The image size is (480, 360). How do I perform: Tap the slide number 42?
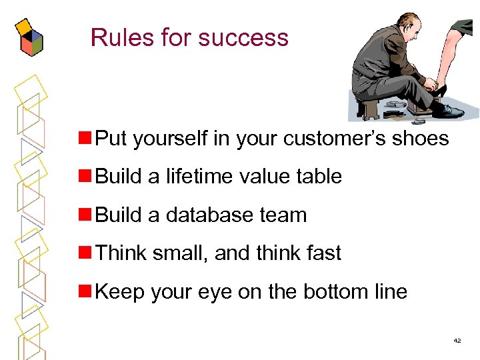(457, 341)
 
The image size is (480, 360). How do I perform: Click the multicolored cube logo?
(28, 38)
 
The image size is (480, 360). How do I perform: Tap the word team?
(287, 215)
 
